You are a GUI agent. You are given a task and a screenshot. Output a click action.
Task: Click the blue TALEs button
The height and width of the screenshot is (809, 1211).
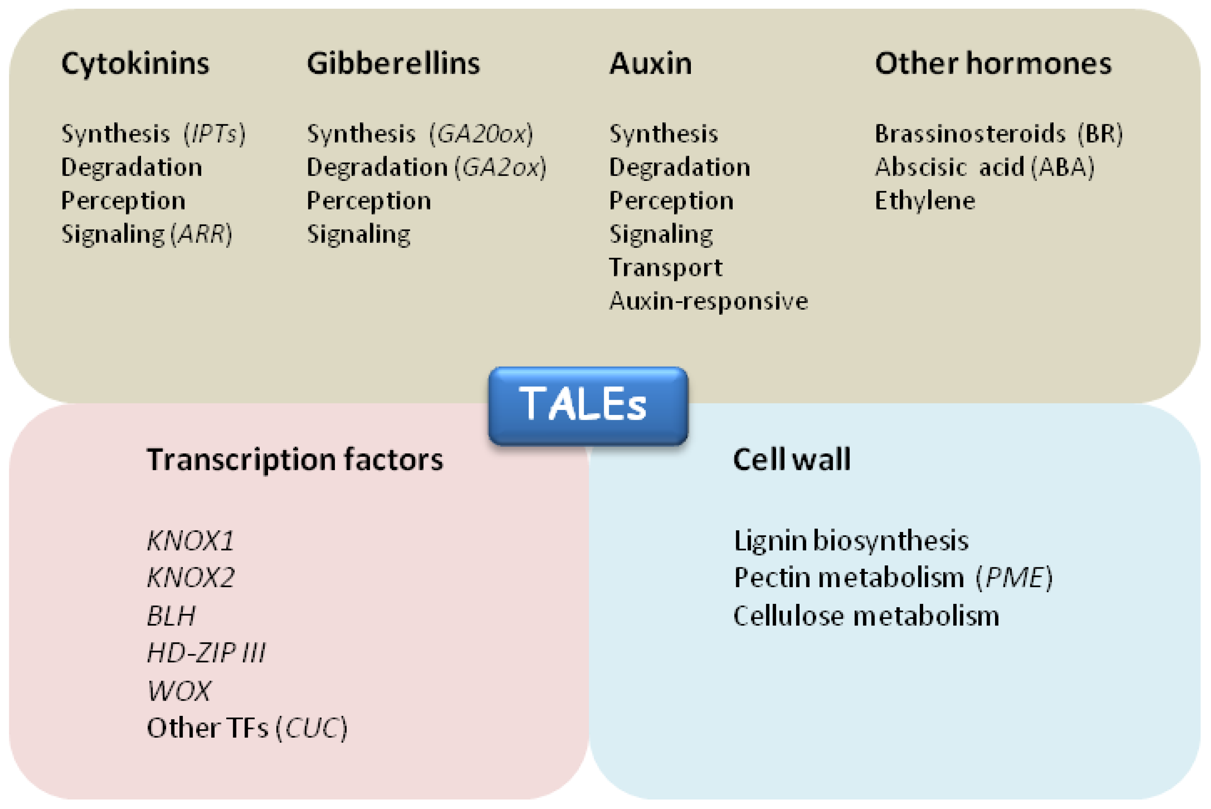(x=587, y=405)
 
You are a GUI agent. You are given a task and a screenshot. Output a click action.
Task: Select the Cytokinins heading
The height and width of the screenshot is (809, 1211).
(x=135, y=64)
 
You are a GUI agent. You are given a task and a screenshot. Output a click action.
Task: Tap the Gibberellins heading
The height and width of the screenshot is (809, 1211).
(x=394, y=64)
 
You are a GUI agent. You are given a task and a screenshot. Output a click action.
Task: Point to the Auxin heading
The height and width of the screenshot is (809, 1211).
(x=651, y=64)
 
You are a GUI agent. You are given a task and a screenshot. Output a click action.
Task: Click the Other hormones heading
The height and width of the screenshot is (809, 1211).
(x=993, y=64)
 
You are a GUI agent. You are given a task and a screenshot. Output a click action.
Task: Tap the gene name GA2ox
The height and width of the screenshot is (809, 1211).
(x=500, y=168)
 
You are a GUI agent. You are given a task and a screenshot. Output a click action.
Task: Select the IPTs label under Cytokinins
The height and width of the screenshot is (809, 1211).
(x=214, y=134)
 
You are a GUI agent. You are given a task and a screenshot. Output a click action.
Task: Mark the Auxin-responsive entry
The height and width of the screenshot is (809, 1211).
(x=708, y=301)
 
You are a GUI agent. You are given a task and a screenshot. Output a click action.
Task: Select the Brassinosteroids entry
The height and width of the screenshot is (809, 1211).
(x=970, y=134)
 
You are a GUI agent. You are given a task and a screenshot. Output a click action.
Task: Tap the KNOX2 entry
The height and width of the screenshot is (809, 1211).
(x=190, y=577)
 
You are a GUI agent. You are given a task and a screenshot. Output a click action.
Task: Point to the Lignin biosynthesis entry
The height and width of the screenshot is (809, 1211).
(x=851, y=541)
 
